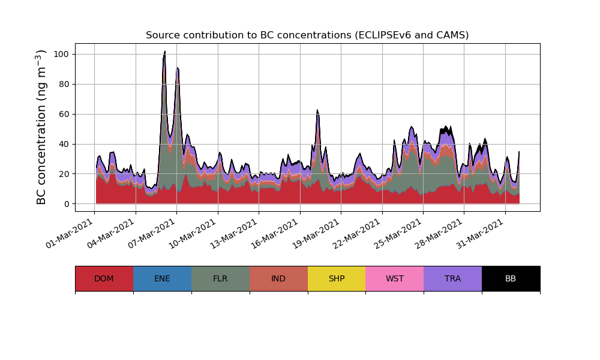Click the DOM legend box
click(104, 278)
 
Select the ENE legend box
click(162, 278)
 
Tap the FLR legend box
click(220, 278)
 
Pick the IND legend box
click(278, 278)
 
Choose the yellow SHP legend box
click(337, 278)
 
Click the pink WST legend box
click(395, 278)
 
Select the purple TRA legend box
click(453, 278)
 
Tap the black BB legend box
click(511, 278)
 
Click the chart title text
click(307, 35)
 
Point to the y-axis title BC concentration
click(41, 127)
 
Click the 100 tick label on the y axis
click(61, 54)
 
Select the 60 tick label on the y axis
click(64, 114)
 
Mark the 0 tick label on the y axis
click(66, 204)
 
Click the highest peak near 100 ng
click(165, 52)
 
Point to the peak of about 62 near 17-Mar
click(317, 111)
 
